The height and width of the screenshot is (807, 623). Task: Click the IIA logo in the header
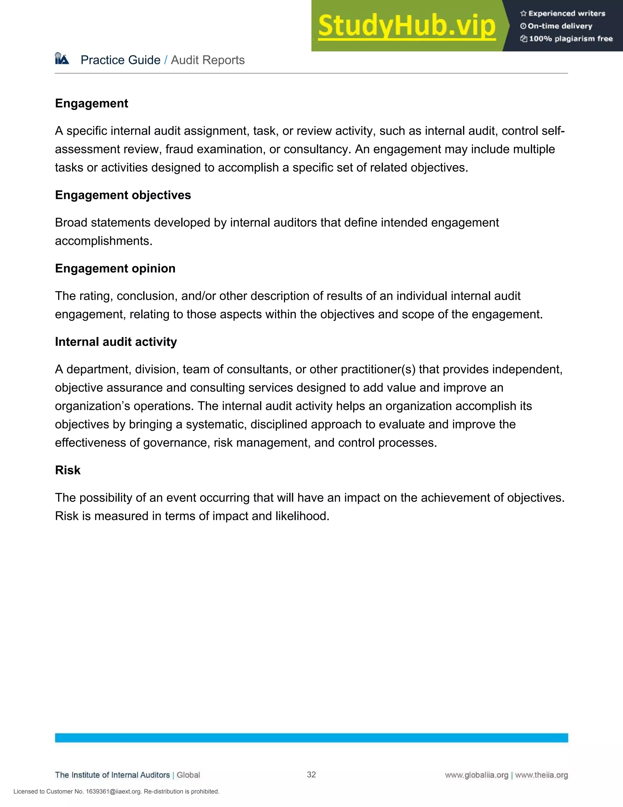[62, 59]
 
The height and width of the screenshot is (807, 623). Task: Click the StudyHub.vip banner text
[406, 26]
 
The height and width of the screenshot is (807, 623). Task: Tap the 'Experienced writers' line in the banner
[563, 14]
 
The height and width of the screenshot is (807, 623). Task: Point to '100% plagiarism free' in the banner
[566, 39]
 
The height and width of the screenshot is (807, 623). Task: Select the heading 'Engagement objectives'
[123, 195]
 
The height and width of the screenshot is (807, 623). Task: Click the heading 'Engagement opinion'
[115, 268]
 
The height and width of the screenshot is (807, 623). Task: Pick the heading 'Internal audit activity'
[116, 342]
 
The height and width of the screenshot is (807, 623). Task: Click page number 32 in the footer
[311, 774]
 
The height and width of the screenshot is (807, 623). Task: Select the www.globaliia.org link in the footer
[476, 775]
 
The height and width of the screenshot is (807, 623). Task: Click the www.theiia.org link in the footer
[541, 775]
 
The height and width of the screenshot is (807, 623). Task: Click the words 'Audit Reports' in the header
[208, 60]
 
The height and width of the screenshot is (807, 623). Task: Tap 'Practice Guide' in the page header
[120, 60]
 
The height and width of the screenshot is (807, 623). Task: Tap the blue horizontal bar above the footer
[311, 738]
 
